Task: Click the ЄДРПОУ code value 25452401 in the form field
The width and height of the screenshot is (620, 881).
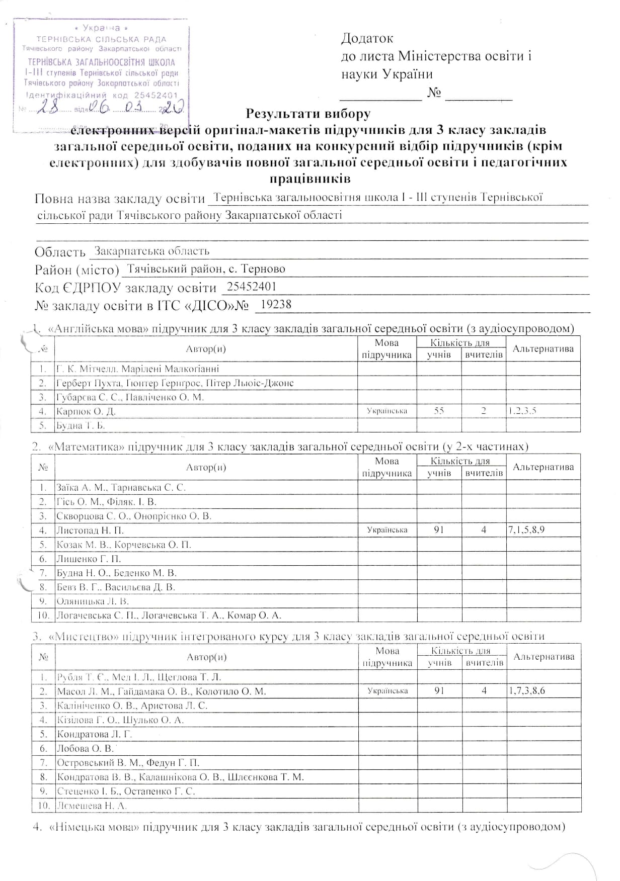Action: [x=252, y=287]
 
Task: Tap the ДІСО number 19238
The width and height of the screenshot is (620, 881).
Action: [x=274, y=304]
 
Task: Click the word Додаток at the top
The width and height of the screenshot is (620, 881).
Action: [x=367, y=38]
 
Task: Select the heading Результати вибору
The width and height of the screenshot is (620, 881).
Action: [x=308, y=114]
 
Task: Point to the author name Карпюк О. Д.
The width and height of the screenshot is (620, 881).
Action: [x=86, y=411]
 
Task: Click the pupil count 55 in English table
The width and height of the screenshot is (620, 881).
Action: [x=439, y=411]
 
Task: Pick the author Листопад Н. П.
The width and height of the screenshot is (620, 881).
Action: [x=90, y=530]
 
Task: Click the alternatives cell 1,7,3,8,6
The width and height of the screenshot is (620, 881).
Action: [x=526, y=691]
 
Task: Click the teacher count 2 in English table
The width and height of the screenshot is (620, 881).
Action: [x=483, y=411]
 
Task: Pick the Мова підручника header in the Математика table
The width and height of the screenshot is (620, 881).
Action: [x=387, y=467]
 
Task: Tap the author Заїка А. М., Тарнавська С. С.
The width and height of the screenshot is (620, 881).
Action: [x=121, y=487]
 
